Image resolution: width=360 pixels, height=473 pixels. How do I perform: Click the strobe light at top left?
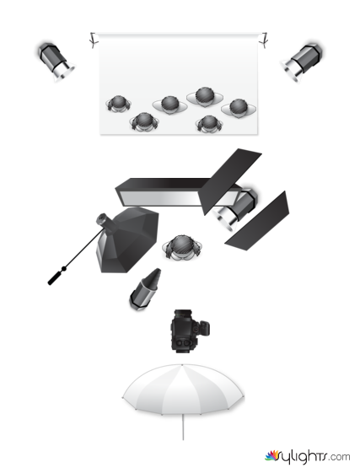(56, 62)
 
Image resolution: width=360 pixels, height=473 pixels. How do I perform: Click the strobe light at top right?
(302, 62)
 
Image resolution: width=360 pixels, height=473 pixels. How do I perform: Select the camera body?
(189, 331)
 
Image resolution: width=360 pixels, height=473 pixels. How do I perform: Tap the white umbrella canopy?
(183, 389)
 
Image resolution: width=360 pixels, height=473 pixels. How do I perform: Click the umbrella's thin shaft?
(183, 427)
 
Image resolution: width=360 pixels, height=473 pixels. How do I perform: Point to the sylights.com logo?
(308, 456)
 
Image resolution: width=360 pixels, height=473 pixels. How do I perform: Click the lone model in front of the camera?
(182, 248)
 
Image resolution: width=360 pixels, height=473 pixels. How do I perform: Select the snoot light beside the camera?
(146, 289)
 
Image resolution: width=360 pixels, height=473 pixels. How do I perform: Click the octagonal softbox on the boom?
(127, 239)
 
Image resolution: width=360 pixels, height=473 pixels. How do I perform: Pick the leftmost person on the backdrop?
(118, 104)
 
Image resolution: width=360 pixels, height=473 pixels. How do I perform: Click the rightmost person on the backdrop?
(239, 108)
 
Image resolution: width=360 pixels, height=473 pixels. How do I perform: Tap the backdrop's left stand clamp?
(94, 40)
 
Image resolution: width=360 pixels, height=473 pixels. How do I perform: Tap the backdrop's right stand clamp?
(265, 40)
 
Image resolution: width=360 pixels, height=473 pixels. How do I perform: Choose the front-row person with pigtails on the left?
(144, 122)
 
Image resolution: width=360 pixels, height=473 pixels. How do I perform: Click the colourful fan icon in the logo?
(272, 455)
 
